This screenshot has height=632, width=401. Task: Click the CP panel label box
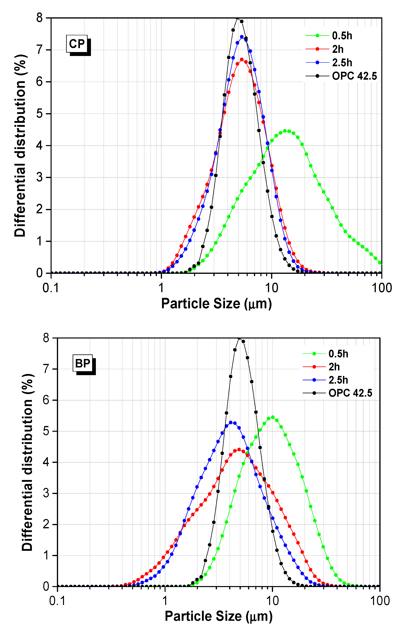77,44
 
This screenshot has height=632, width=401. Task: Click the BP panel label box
82,364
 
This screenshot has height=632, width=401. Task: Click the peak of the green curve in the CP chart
285,131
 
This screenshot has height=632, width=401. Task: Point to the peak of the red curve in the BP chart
239,449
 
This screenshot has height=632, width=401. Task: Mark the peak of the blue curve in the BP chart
231,422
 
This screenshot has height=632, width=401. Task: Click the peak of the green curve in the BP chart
273,417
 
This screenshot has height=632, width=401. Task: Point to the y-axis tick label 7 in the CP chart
40,50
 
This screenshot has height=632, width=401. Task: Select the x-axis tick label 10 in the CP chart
271,288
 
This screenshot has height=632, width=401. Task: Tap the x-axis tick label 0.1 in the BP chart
57,601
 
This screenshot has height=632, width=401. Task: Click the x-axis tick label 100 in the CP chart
382,288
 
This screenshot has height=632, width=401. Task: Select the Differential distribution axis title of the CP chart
20,146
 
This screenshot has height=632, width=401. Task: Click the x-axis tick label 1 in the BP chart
165,601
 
